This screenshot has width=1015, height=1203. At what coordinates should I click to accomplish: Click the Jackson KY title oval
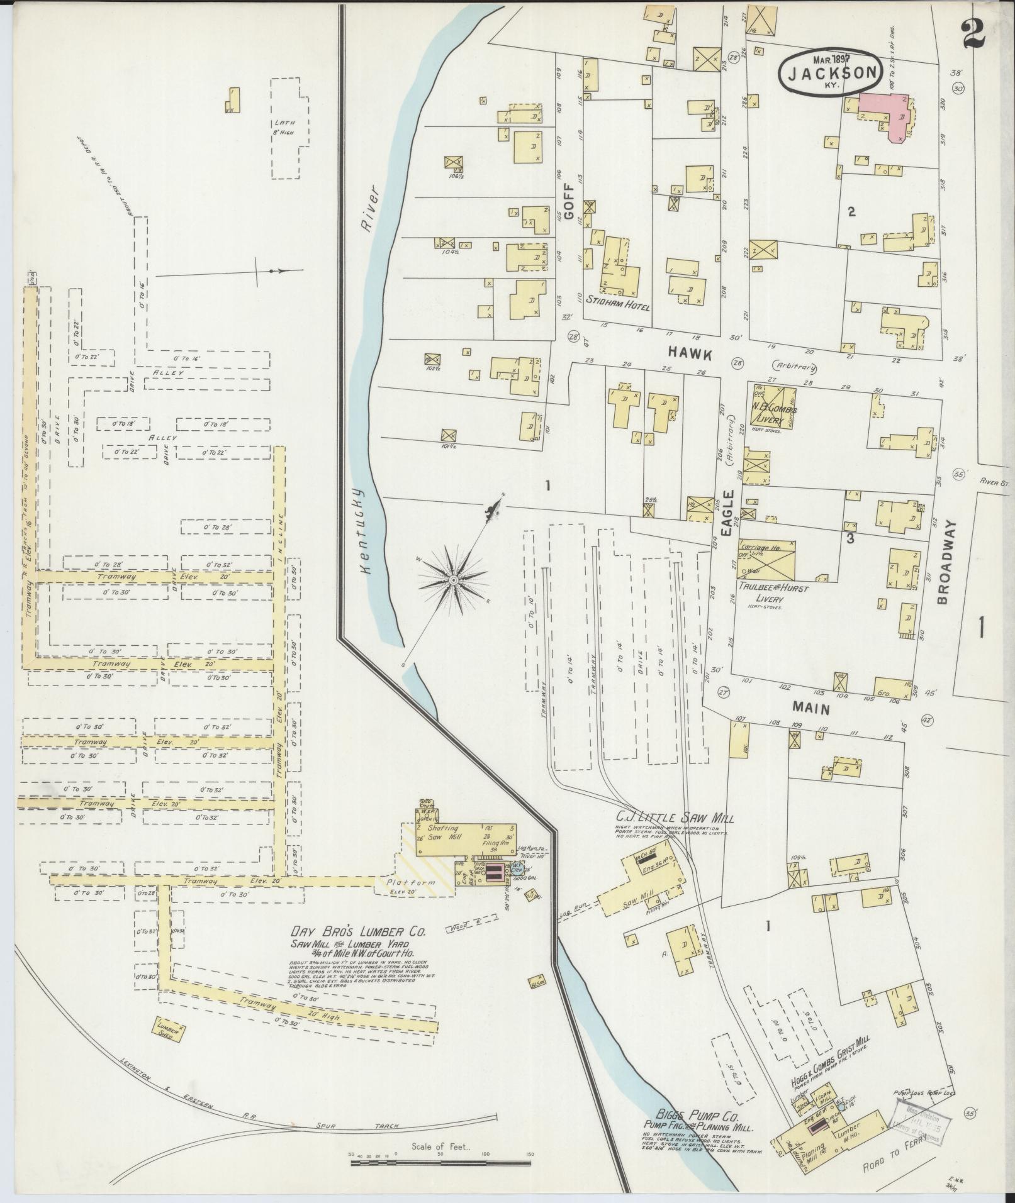pos(829,72)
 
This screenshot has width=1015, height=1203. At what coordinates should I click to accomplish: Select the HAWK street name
pos(690,355)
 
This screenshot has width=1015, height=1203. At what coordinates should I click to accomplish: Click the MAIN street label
pos(811,707)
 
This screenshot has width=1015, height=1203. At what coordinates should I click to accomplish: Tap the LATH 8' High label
pos(284,128)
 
